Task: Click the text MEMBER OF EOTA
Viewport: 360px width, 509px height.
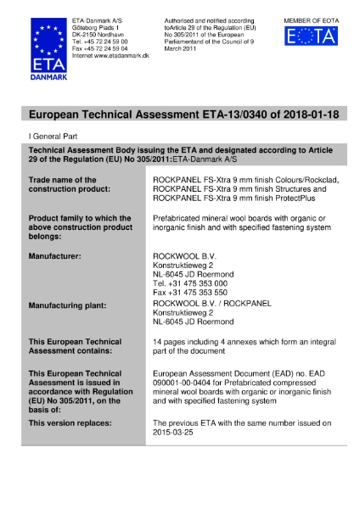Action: click(312, 19)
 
